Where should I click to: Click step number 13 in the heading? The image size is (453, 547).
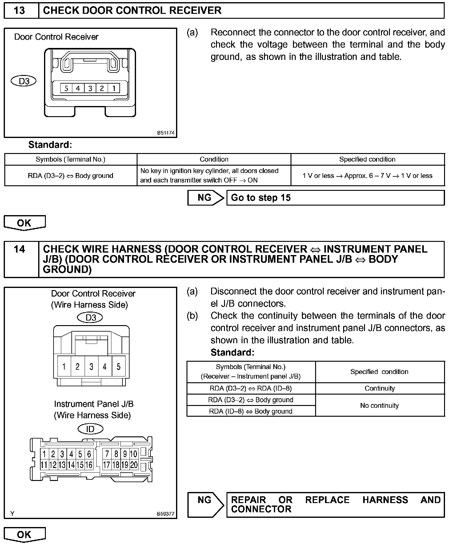19,10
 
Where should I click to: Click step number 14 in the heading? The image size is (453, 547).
19,249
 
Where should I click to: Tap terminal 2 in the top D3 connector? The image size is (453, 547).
102,89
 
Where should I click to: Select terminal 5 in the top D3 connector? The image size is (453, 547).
66,89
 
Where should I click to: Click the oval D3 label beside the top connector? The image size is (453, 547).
24,81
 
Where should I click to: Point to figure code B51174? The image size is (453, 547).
166,133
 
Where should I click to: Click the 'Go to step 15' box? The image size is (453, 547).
335,198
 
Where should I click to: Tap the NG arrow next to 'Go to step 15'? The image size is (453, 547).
206,198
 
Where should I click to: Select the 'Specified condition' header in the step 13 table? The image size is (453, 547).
367,159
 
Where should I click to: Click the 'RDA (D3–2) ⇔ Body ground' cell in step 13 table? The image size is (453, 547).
70,176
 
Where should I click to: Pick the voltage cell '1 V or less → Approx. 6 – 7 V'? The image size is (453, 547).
367,176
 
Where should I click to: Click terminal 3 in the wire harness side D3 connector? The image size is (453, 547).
91,366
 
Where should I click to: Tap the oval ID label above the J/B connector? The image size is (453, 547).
90,429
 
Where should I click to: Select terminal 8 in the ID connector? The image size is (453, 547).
116,454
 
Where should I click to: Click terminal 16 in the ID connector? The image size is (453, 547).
89,465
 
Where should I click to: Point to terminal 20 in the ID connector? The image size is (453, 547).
134,465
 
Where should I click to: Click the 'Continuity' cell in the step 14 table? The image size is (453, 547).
379,388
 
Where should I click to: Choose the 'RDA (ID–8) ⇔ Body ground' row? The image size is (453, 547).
251,411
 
